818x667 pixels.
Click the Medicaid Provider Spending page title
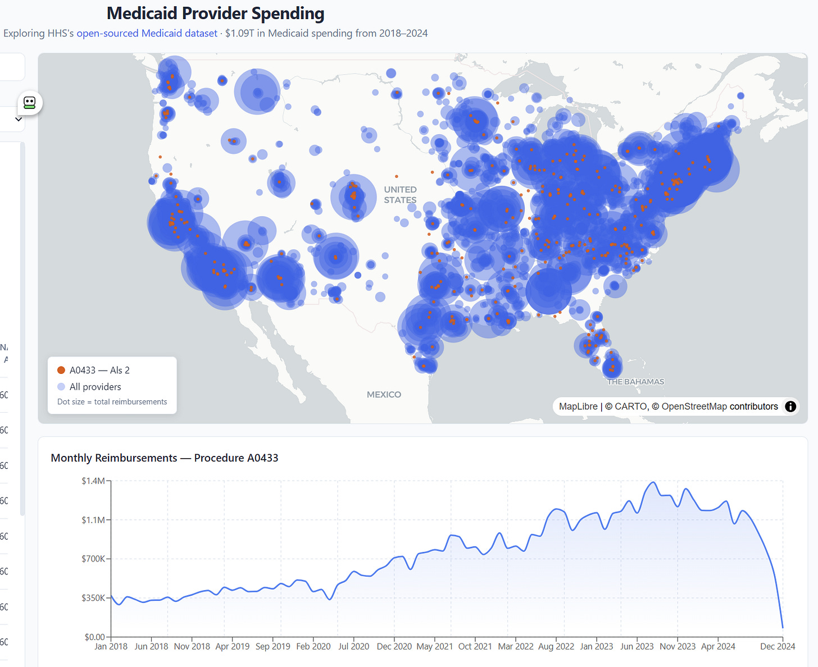pyautogui.click(x=215, y=13)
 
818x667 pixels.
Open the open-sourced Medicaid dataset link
pyautogui.click(x=147, y=33)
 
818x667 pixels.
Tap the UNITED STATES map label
pyautogui.click(x=400, y=195)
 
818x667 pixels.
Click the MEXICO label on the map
pyautogui.click(x=384, y=395)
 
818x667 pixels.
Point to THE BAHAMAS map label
pyautogui.click(x=635, y=382)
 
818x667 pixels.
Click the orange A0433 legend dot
pyautogui.click(x=61, y=370)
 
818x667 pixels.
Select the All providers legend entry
pyautogui.click(x=95, y=387)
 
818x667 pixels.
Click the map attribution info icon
pyautogui.click(x=790, y=406)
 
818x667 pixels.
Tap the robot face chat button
pyautogui.click(x=30, y=103)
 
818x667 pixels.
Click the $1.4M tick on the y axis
pyautogui.click(x=93, y=481)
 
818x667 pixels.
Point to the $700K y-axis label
pyautogui.click(x=93, y=559)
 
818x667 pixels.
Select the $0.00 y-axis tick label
pyautogui.click(x=94, y=637)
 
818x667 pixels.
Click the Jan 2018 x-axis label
pyautogui.click(x=111, y=647)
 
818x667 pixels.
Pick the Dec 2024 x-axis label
pyautogui.click(x=778, y=647)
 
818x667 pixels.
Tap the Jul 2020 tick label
pyautogui.click(x=353, y=647)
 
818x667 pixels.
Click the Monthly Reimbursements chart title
pyautogui.click(x=165, y=458)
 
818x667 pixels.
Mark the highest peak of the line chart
pyautogui.click(x=653, y=482)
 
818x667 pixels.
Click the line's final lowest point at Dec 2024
pyautogui.click(x=783, y=627)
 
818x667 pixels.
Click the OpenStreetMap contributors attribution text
pyautogui.click(x=720, y=406)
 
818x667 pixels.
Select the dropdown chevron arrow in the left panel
pyautogui.click(x=19, y=119)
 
